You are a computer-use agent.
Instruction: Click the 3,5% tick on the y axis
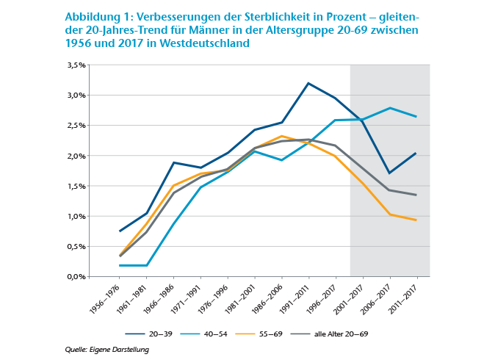76,65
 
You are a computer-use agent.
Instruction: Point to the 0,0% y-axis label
76,277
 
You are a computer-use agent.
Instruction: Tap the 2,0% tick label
76,156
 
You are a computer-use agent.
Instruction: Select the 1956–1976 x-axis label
102,298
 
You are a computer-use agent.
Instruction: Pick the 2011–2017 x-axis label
405,298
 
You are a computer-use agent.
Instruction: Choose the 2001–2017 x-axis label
350,298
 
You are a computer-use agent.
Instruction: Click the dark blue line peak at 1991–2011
308,83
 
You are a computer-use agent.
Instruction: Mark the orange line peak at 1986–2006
281,136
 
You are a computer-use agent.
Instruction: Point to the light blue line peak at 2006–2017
390,108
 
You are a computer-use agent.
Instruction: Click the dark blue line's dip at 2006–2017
390,173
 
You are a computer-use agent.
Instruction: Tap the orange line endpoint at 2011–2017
417,220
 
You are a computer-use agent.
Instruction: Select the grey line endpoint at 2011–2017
417,195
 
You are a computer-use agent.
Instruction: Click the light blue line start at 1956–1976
119,265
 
